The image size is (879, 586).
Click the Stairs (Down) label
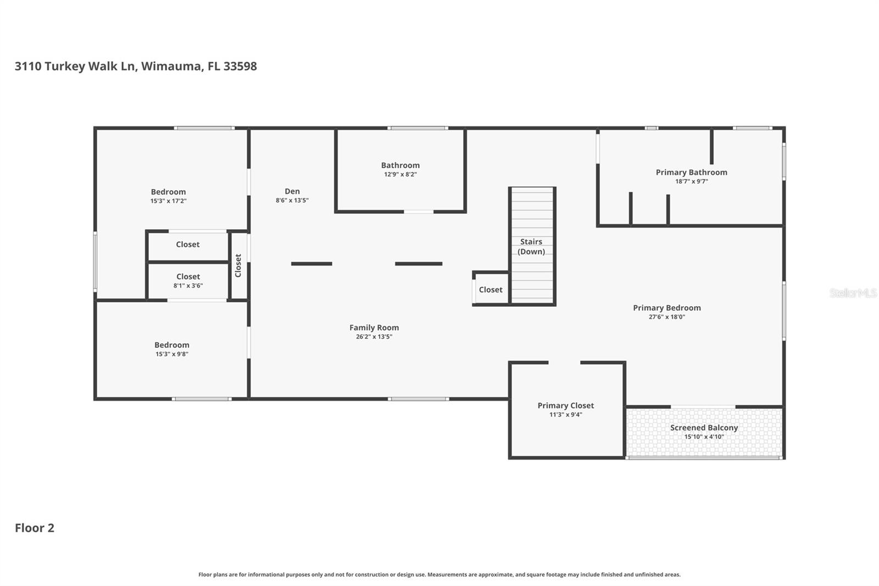[x=531, y=246]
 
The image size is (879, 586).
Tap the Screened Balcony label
[x=704, y=428]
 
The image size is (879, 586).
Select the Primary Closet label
[x=565, y=406]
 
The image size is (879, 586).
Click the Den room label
[x=292, y=191]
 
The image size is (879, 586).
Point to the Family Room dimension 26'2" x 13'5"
[x=374, y=337]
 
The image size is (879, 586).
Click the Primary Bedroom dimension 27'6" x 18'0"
[x=666, y=317]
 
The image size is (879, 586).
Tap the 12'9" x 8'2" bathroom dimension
[x=400, y=175]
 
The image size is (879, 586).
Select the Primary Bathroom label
[x=691, y=173]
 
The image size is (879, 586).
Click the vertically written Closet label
[x=238, y=266]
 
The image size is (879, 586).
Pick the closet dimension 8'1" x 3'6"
[x=188, y=286]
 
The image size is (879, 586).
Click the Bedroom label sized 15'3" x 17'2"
[x=168, y=192]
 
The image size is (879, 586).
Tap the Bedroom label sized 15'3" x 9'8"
[x=171, y=345]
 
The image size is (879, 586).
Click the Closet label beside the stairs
[x=491, y=290]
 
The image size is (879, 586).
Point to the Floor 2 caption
[x=35, y=528]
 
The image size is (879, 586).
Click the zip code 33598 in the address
[x=240, y=66]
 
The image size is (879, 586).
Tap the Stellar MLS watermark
[x=853, y=293]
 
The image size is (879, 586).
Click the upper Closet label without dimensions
[x=188, y=245]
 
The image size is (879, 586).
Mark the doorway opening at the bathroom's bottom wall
[x=419, y=212]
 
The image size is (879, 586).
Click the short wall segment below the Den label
[x=311, y=264]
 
